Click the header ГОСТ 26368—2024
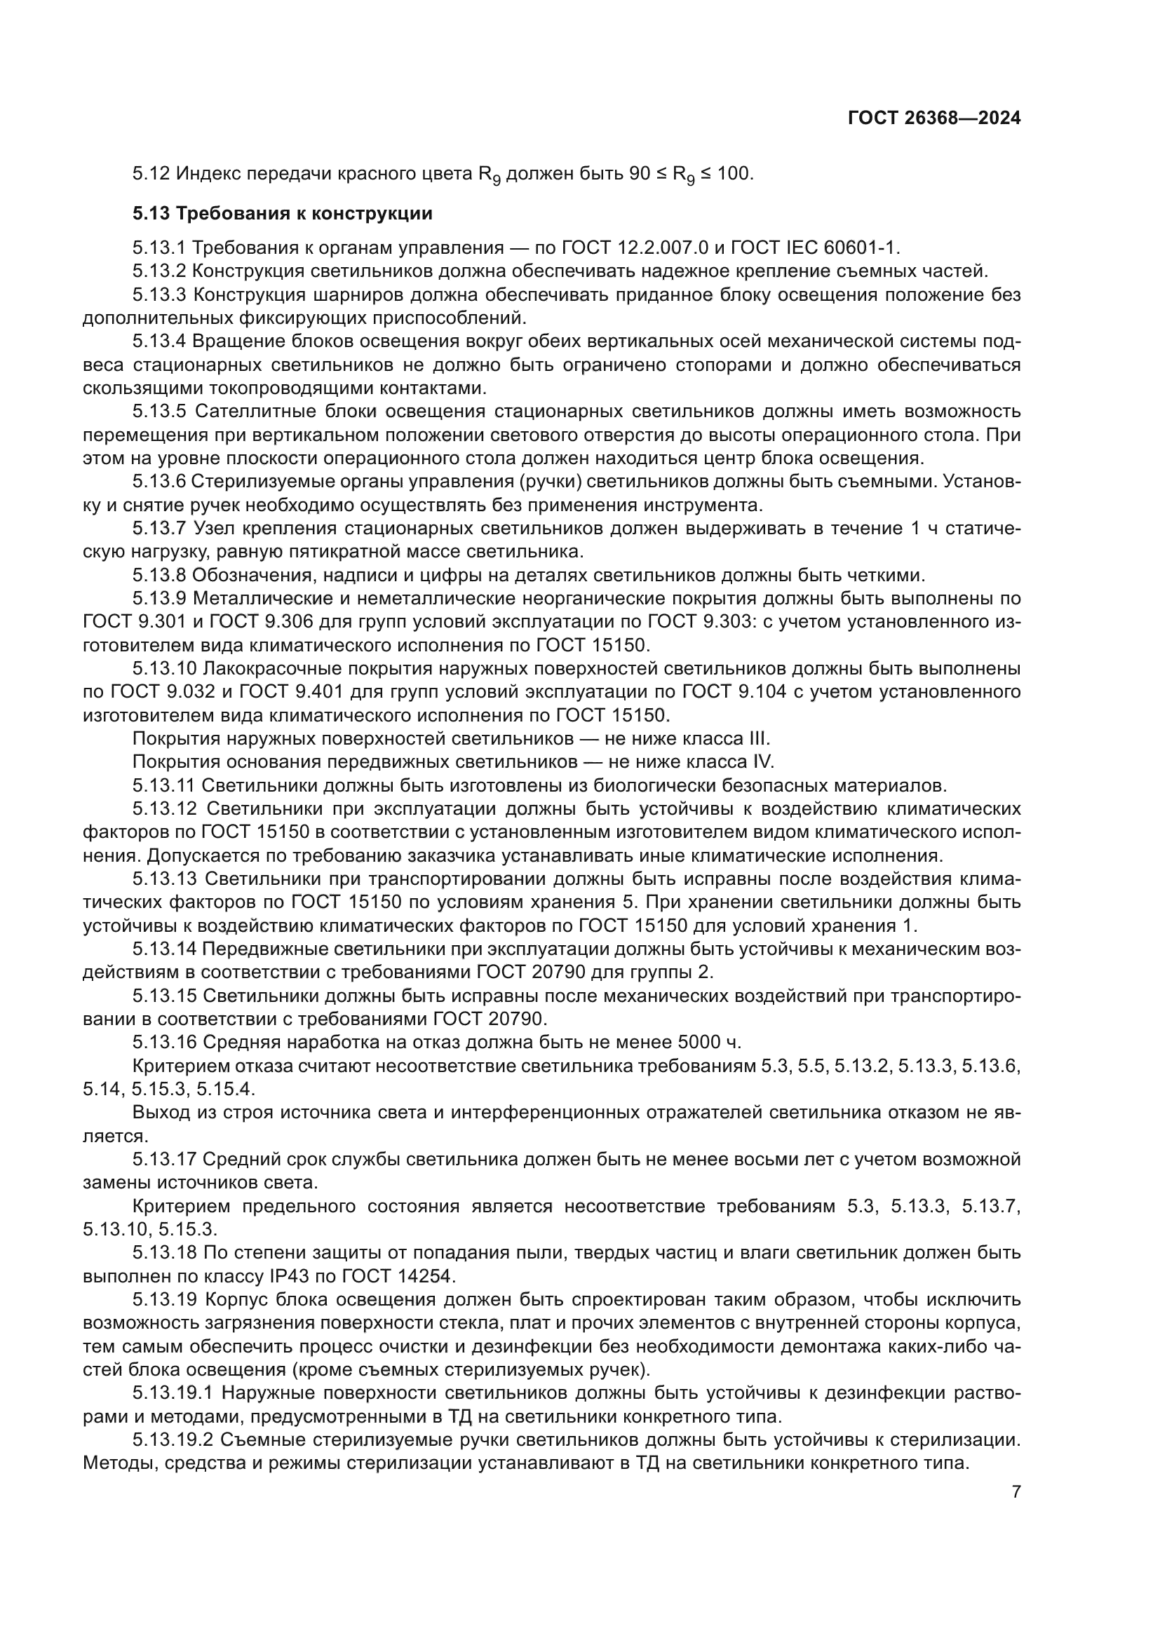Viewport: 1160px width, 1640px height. [933, 118]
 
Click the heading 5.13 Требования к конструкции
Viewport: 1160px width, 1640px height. [282, 213]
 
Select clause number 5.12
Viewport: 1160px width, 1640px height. [151, 174]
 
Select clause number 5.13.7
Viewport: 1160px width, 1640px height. [159, 528]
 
